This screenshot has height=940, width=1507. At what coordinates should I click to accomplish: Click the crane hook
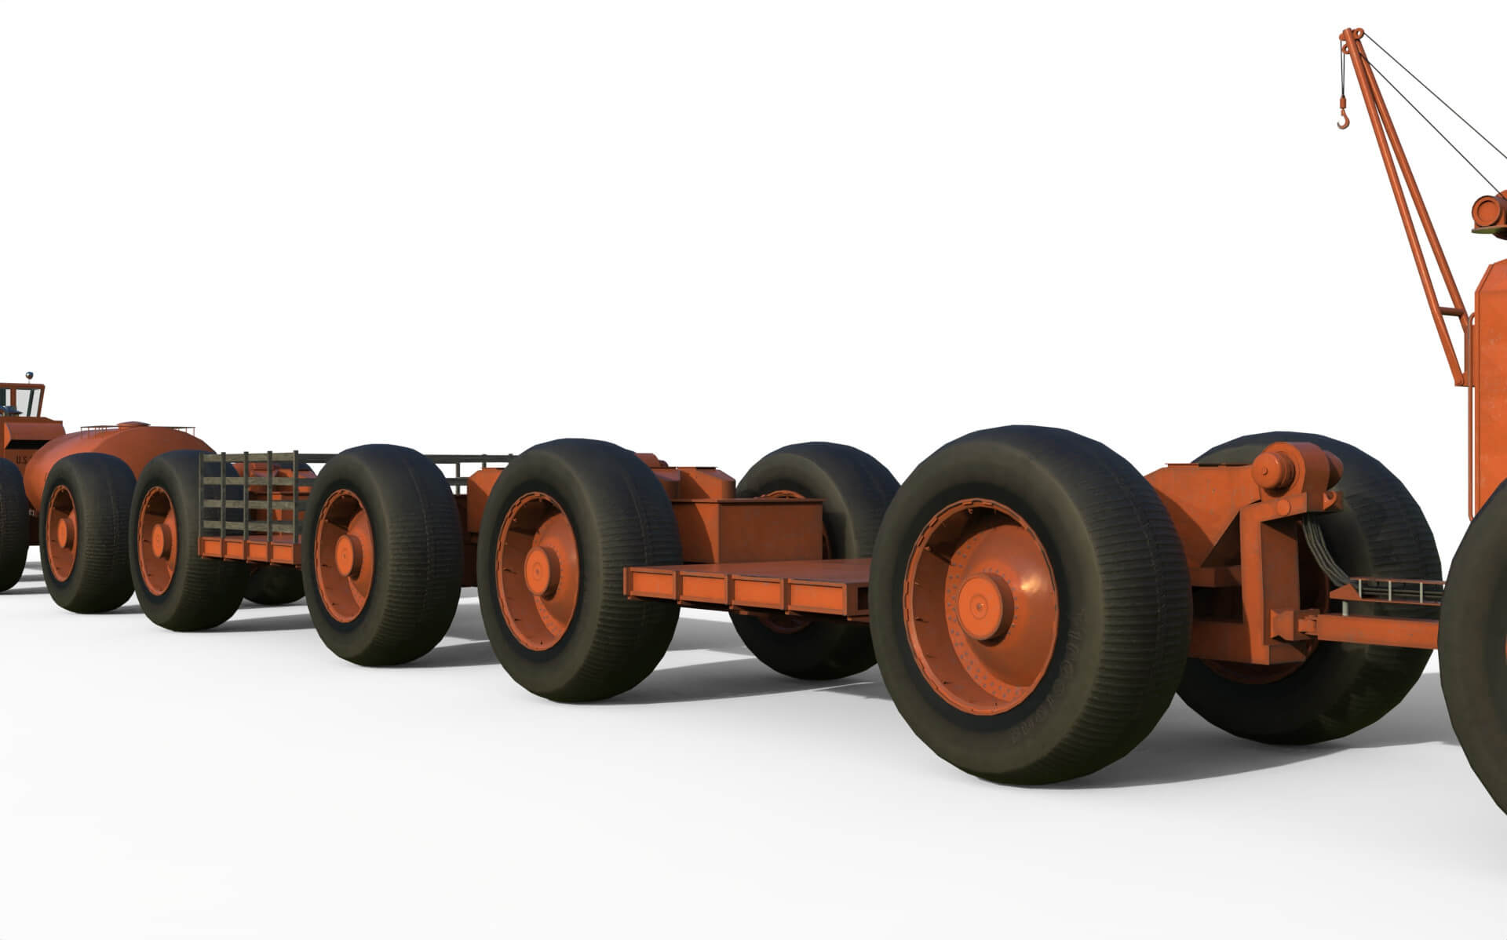click(x=1345, y=118)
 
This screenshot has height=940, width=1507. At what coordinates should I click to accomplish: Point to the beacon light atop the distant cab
click(x=30, y=375)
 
